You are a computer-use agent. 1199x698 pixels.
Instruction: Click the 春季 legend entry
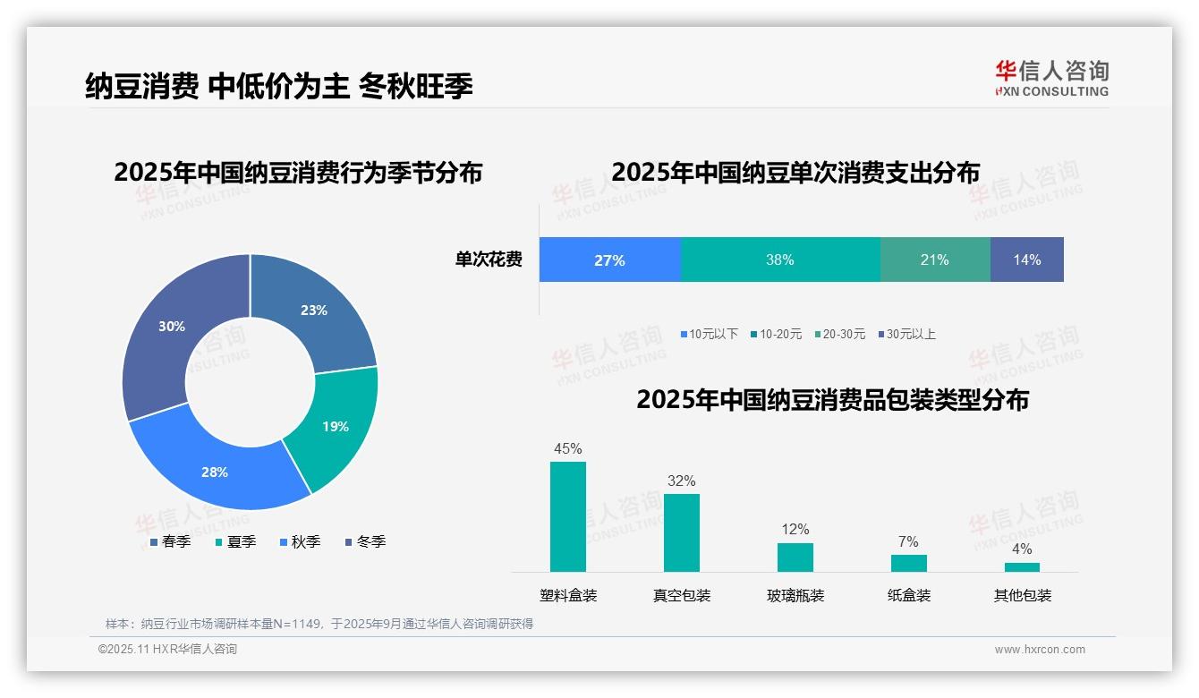(170, 541)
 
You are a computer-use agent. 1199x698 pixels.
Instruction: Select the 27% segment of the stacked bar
(609, 260)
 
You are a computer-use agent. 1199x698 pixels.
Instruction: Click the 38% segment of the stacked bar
(779, 260)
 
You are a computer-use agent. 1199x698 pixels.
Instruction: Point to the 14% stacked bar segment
(1026, 260)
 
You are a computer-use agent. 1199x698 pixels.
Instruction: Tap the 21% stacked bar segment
(934, 260)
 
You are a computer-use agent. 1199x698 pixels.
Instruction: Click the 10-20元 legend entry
(776, 334)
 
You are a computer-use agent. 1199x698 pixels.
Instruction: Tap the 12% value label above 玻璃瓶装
(795, 529)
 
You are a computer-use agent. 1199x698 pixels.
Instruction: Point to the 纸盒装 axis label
(908, 595)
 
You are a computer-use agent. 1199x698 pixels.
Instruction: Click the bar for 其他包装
(1022, 566)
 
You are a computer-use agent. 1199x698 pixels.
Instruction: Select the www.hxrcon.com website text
(1039, 650)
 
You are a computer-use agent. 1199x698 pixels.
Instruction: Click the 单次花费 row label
(489, 260)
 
